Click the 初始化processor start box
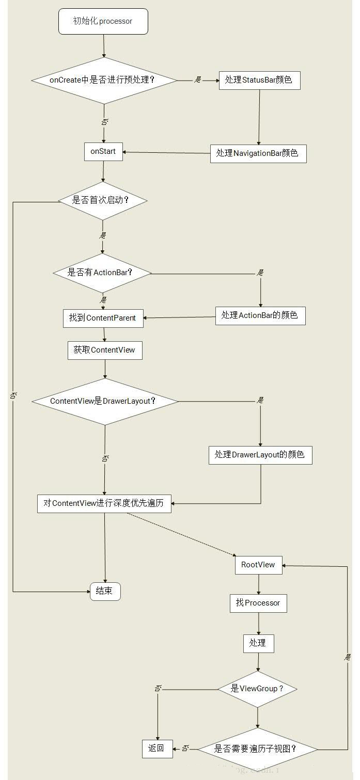103,22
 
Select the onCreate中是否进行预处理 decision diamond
104,80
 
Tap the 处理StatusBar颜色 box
259,80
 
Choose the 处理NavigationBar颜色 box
258,153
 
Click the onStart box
103,152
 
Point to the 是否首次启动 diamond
103,200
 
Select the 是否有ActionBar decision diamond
102,272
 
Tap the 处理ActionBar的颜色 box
260,315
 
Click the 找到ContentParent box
103,318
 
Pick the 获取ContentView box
104,350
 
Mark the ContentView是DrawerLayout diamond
105,401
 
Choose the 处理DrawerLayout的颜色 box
260,455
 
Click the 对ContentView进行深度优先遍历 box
104,503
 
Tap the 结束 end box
105,591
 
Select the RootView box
258,565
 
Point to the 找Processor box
258,603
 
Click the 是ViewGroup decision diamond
257,689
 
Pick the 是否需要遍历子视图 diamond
257,749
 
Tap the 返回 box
156,749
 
